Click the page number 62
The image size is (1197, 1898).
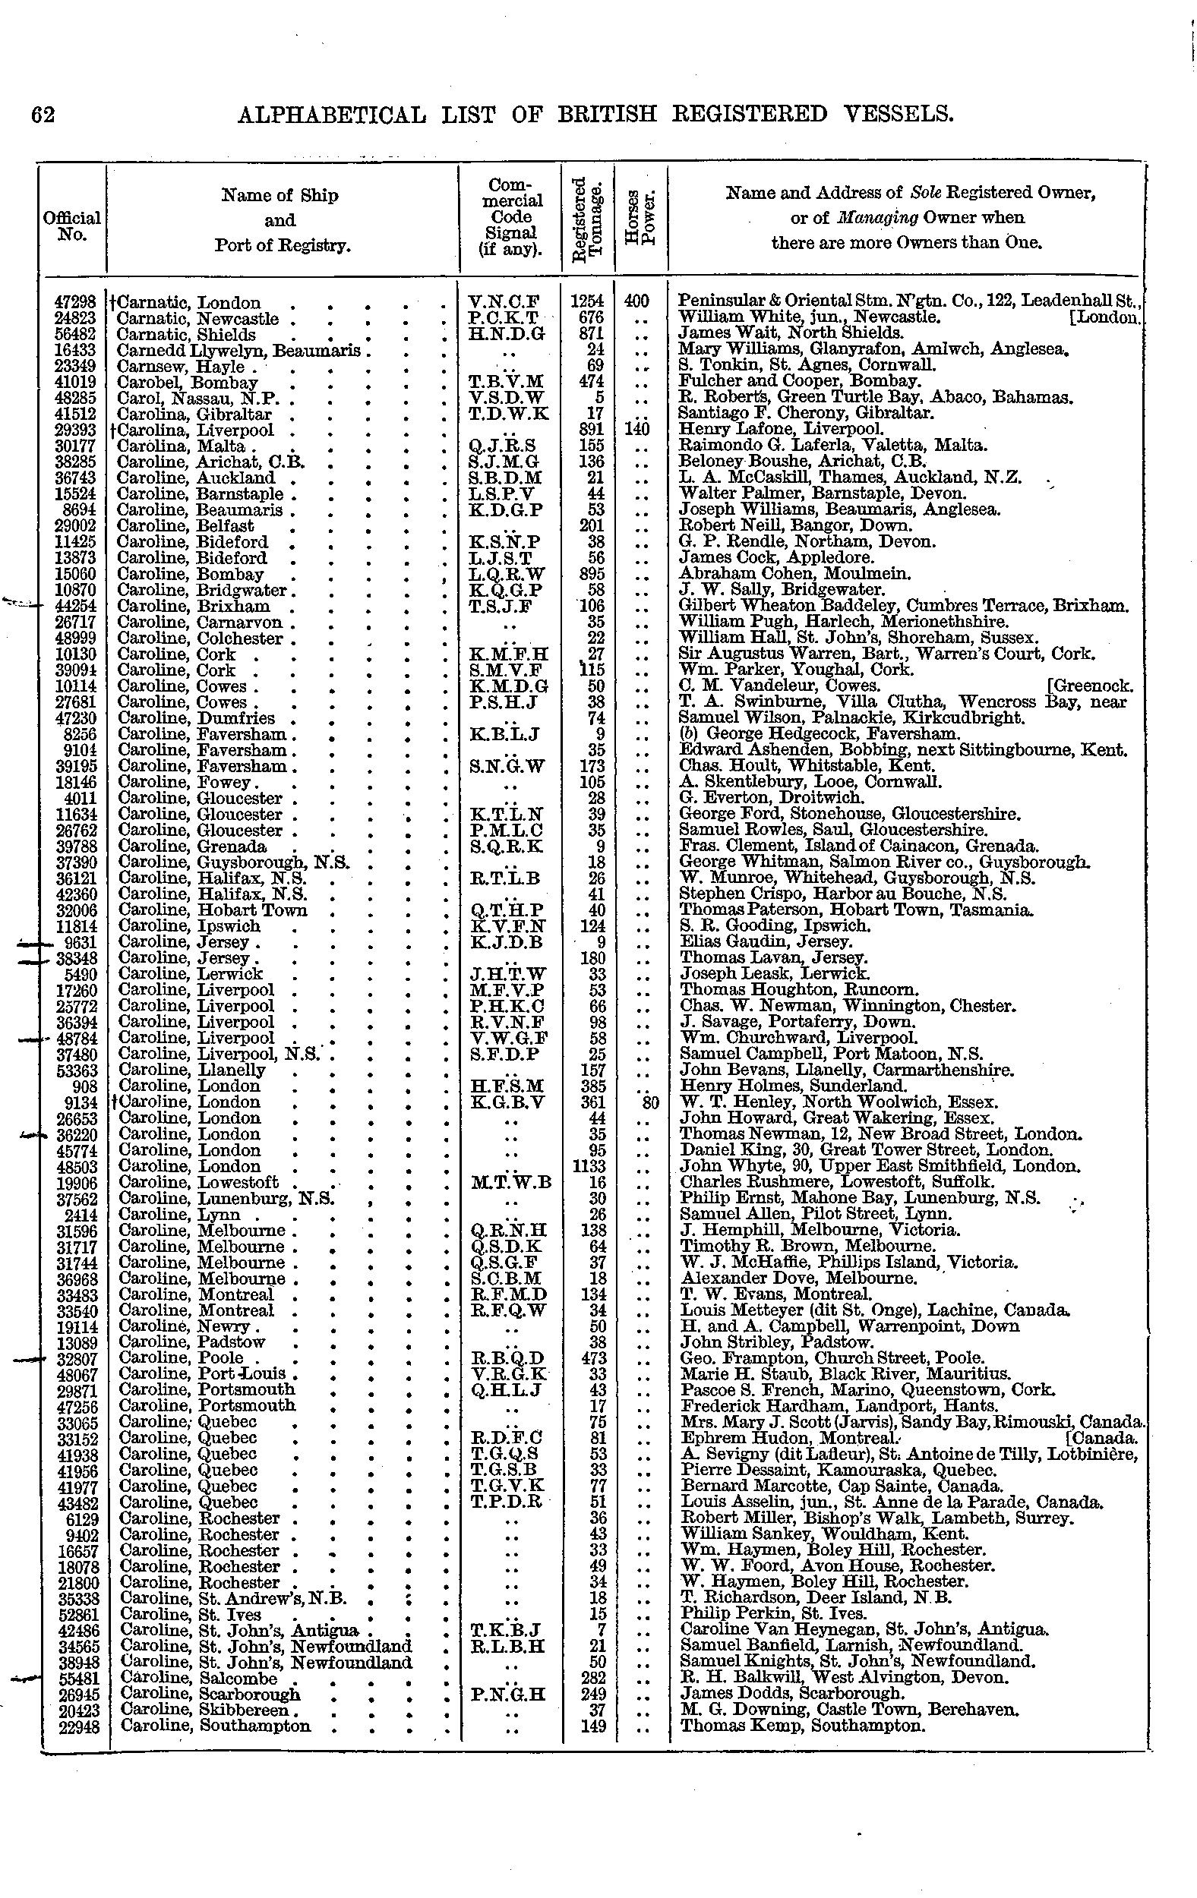[x=43, y=115]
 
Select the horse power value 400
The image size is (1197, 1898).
[x=636, y=302]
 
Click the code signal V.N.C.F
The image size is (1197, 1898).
[x=503, y=302]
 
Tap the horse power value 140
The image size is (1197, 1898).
[x=636, y=430]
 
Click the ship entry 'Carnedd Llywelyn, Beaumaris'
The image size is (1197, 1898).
[x=238, y=350]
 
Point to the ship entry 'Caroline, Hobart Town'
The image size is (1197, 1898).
[x=212, y=910]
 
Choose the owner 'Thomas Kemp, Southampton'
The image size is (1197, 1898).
[x=801, y=1726]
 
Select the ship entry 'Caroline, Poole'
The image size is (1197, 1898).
[x=181, y=1358]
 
